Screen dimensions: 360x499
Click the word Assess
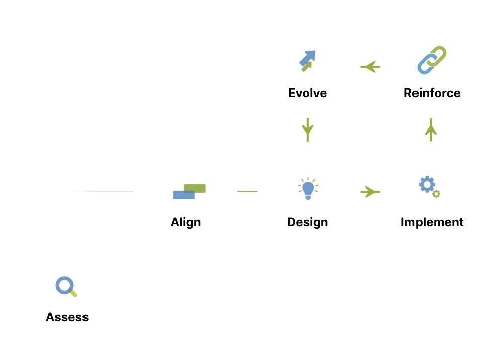67,317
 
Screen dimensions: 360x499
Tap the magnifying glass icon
65,286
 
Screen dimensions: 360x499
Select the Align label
186,222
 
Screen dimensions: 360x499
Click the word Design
307,222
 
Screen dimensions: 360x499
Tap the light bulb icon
308,189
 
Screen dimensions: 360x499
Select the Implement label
432,222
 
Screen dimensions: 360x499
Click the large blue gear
427,185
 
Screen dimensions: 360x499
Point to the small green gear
436,194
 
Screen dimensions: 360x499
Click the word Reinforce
432,93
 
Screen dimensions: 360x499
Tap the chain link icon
432,60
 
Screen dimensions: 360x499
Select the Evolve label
307,93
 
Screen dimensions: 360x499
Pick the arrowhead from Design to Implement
372,192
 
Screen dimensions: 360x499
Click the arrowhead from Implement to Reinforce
431,131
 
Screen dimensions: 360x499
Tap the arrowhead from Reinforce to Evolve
369,66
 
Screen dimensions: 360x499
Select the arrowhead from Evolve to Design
308,132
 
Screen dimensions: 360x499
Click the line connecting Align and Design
247,192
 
